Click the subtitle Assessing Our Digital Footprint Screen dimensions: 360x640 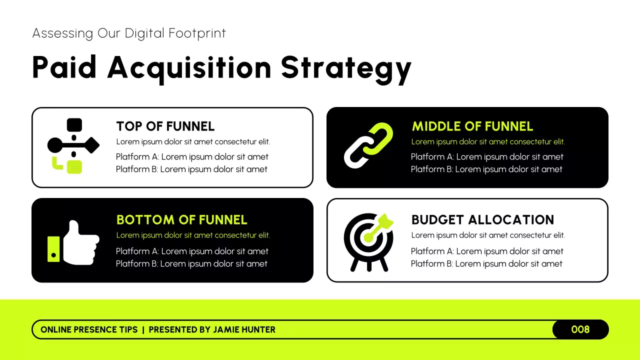pos(129,33)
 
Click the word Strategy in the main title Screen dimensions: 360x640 pos(346,68)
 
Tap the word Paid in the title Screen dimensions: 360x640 pos(64,67)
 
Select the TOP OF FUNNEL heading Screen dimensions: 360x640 pos(165,126)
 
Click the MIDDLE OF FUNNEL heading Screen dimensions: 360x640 pos(472,126)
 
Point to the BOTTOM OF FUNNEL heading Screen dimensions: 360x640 pos(181,220)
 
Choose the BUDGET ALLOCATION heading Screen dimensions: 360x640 pos(482,220)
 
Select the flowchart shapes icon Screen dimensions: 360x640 pos(73,145)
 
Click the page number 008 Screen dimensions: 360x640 pos(580,329)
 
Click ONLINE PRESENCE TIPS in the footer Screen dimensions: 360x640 pos(89,330)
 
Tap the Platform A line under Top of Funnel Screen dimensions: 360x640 pos(192,157)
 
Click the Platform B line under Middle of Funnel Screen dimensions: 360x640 pos(486,169)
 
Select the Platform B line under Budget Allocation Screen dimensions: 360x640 pos(486,264)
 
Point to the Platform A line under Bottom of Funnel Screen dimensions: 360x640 pos(192,251)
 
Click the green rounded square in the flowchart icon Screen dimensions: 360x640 pos(74,166)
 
